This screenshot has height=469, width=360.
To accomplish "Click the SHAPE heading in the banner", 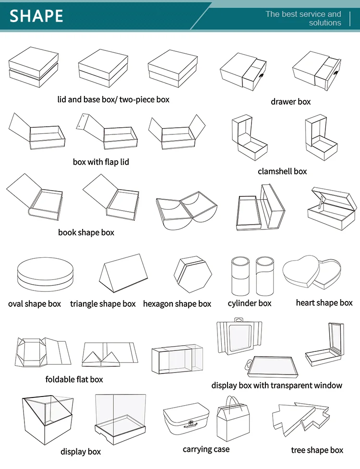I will point(36,16).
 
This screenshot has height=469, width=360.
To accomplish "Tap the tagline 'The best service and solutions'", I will point(304,18).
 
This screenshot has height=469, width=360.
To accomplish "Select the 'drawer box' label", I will point(290,102).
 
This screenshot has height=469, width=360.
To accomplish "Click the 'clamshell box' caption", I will point(282,171).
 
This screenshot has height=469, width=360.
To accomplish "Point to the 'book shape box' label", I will point(86,232).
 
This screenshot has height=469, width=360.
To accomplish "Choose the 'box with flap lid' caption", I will point(101,162).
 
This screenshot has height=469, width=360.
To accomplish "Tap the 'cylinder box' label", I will point(250,303).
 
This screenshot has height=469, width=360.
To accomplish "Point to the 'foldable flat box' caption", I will point(74,379).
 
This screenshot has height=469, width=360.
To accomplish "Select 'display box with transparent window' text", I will point(277,385).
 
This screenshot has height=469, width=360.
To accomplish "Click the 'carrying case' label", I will point(206,449).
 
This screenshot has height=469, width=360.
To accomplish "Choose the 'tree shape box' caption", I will point(317,450).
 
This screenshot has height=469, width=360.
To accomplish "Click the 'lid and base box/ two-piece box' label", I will point(113,100).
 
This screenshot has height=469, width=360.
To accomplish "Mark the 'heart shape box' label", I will point(324,303).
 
